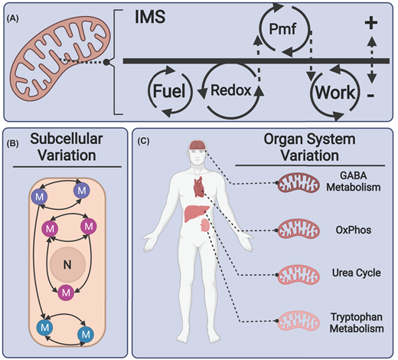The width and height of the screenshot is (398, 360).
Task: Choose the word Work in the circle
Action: (335, 93)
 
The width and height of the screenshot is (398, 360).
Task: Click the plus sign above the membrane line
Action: (370, 23)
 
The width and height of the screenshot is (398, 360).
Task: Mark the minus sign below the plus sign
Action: (370, 98)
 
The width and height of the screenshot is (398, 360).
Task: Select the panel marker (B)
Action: (14, 142)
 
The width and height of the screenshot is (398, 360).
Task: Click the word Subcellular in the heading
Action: (65, 143)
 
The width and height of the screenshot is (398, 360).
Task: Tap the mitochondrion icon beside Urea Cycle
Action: (304, 273)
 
